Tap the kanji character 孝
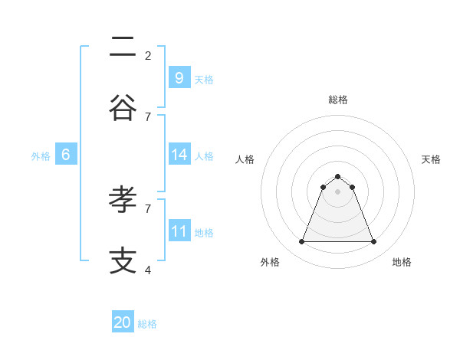click(x=123, y=201)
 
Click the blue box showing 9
click(x=179, y=77)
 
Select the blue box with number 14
click(x=179, y=155)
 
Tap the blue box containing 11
click(x=179, y=231)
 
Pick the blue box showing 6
click(x=66, y=155)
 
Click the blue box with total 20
click(x=123, y=322)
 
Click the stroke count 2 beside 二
click(x=148, y=55)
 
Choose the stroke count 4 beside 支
click(x=148, y=270)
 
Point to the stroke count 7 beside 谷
click(x=148, y=116)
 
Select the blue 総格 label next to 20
click(x=147, y=325)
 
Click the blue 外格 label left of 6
click(x=41, y=156)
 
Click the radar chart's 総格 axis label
click(x=337, y=100)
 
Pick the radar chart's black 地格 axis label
click(x=402, y=262)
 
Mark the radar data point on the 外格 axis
click(x=301, y=242)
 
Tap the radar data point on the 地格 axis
click(x=374, y=242)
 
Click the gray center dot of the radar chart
click(x=337, y=191)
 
